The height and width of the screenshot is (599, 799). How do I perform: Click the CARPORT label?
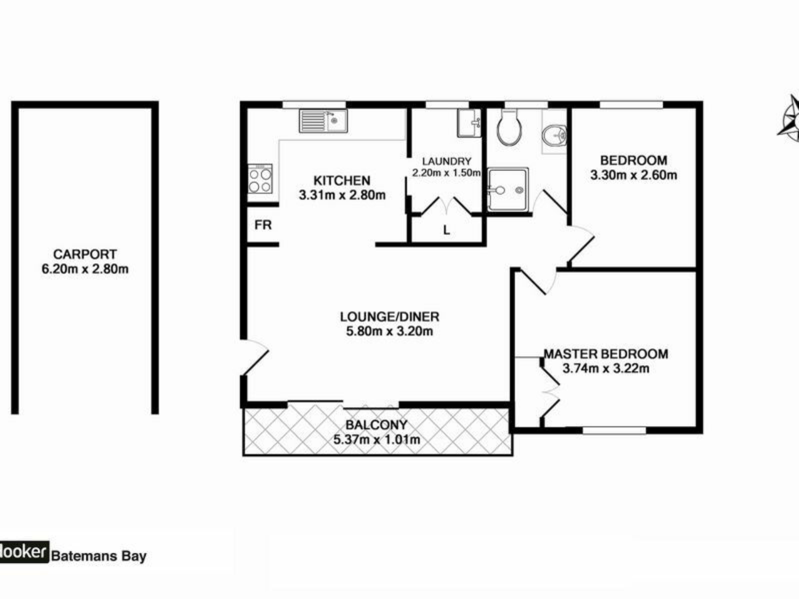pyautogui.click(x=85, y=254)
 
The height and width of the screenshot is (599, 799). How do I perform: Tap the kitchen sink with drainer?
pyautogui.click(x=323, y=121)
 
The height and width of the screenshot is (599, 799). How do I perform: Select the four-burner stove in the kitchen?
pyautogui.click(x=260, y=179)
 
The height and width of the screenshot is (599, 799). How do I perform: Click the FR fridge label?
pyautogui.click(x=263, y=225)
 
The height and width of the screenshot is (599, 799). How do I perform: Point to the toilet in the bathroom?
pyautogui.click(x=509, y=127)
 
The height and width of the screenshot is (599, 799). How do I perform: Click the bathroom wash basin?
pyautogui.click(x=554, y=134)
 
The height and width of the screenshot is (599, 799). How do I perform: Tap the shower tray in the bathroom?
pyautogui.click(x=508, y=190)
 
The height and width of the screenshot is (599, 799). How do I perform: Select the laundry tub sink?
pyautogui.click(x=469, y=123)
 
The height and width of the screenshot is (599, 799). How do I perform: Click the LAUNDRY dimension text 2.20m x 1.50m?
pyautogui.click(x=446, y=173)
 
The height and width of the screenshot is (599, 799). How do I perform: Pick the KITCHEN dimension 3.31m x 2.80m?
pyautogui.click(x=342, y=195)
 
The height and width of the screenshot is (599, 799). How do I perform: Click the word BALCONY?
pyautogui.click(x=376, y=425)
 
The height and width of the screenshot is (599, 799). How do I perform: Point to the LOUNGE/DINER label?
pyautogui.click(x=390, y=317)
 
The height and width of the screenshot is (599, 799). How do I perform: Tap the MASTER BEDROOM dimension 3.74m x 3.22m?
pyautogui.click(x=605, y=368)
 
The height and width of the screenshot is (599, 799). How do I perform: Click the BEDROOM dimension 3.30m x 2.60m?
pyautogui.click(x=633, y=175)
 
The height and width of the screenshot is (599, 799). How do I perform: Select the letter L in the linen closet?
pyautogui.click(x=447, y=230)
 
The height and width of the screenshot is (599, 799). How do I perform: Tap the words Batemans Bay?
pyautogui.click(x=99, y=556)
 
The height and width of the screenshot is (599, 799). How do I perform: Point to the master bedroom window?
pyautogui.click(x=614, y=430)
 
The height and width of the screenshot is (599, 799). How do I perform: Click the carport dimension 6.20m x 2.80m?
pyautogui.click(x=85, y=269)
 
